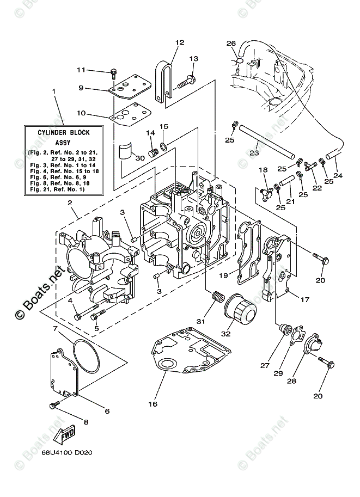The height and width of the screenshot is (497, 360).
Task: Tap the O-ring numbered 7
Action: (86, 355)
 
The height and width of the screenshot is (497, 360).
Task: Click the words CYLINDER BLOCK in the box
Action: (64, 132)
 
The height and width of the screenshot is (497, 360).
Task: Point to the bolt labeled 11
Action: (113, 74)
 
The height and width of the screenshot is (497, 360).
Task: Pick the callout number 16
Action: (153, 404)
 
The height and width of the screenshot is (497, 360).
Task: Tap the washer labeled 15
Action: (164, 147)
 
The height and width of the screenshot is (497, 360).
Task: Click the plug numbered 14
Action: (154, 153)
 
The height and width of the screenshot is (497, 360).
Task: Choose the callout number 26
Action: (231, 43)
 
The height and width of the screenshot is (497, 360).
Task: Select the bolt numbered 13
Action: (186, 81)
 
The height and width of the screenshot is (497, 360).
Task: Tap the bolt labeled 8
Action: (54, 406)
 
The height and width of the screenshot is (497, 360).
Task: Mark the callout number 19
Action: (224, 275)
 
